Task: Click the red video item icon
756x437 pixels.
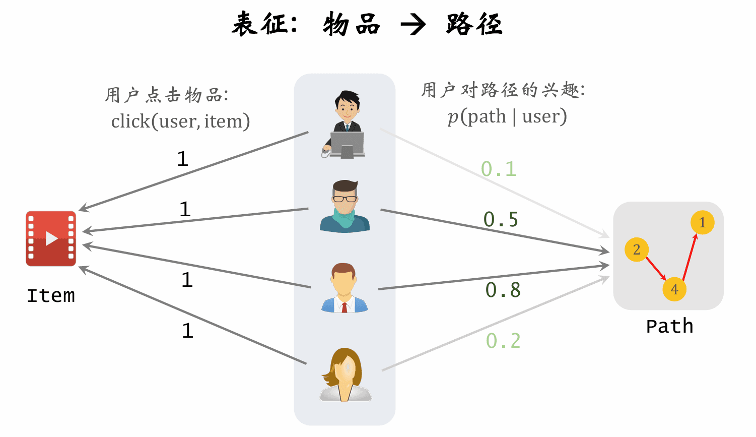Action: click(x=51, y=238)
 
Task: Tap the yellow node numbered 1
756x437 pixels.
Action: click(x=702, y=222)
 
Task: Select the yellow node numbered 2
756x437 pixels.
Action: click(x=636, y=249)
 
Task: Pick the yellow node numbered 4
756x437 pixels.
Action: click(x=674, y=289)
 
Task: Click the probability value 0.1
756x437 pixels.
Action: click(x=499, y=169)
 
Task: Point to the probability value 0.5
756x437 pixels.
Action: click(x=501, y=219)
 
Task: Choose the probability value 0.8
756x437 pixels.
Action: click(x=503, y=290)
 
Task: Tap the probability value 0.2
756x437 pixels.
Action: click(x=503, y=341)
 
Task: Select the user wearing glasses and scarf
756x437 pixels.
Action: click(x=345, y=207)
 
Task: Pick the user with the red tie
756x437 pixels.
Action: click(x=345, y=288)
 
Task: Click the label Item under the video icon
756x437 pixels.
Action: click(x=51, y=295)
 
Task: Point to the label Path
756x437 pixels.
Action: click(x=669, y=326)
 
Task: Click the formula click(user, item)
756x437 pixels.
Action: click(x=180, y=121)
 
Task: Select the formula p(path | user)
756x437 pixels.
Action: click(x=507, y=116)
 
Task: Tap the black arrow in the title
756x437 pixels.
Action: click(x=413, y=25)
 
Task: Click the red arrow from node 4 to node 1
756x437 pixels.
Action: click(x=690, y=257)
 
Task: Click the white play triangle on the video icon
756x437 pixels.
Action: click(x=51, y=238)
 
